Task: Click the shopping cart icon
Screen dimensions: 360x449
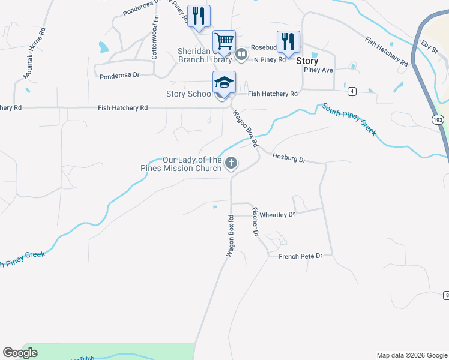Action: pyautogui.click(x=224, y=41)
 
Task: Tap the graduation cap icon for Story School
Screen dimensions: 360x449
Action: pyautogui.click(x=224, y=82)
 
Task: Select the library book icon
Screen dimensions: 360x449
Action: pyautogui.click(x=241, y=55)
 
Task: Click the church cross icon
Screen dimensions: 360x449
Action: pyautogui.click(x=231, y=163)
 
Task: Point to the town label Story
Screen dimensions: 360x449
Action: pyautogui.click(x=307, y=61)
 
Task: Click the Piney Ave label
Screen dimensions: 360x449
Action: pyautogui.click(x=318, y=70)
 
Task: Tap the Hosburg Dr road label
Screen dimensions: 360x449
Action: pyautogui.click(x=289, y=159)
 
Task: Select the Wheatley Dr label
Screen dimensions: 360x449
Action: pyautogui.click(x=277, y=214)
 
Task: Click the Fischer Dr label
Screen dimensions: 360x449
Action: pyautogui.click(x=255, y=221)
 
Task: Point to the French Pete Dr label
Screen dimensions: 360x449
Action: pyautogui.click(x=301, y=256)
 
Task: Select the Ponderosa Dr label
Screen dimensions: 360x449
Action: pyautogui.click(x=119, y=76)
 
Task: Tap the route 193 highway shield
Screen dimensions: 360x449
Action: pyautogui.click(x=436, y=120)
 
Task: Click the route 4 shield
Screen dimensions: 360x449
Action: pyautogui.click(x=352, y=91)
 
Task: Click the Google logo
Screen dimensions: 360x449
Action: pyautogui.click(x=20, y=353)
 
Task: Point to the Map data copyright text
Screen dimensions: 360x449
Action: pyautogui.click(x=411, y=355)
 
